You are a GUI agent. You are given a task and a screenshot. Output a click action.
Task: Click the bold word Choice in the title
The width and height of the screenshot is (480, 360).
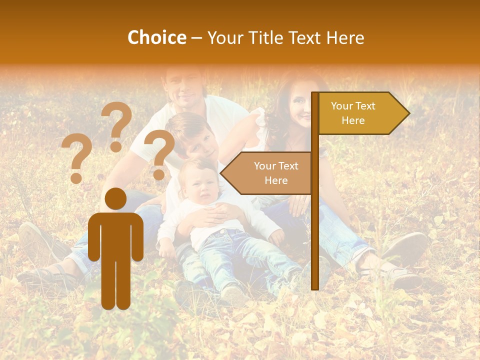pyautogui.click(x=156, y=38)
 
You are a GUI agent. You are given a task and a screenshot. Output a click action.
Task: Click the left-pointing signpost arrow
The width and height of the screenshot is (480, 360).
pyautogui.click(x=267, y=173)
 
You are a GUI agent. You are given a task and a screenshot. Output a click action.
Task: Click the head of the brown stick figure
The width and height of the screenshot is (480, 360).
pyautogui.click(x=115, y=199)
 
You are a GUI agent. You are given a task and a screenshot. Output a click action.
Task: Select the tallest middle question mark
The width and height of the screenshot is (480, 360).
pyautogui.click(x=117, y=125)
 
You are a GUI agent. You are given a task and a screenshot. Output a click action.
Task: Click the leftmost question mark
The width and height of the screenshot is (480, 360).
pyautogui.click(x=76, y=159)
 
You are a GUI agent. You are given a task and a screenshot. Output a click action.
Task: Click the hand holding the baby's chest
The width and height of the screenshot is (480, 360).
pyautogui.click(x=212, y=215)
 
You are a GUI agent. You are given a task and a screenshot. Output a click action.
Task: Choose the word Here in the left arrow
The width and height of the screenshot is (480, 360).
pyautogui.click(x=276, y=180)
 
